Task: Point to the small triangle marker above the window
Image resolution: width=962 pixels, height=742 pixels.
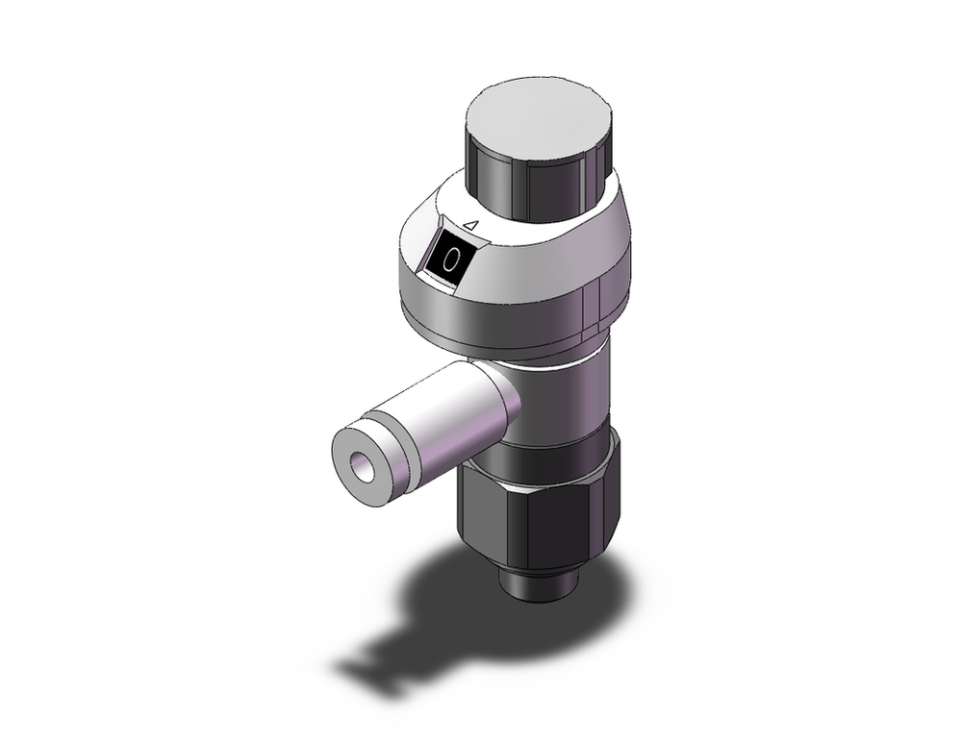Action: (470, 225)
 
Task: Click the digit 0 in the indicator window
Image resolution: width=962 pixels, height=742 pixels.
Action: (449, 259)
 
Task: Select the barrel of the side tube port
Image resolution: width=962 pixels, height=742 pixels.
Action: (443, 413)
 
